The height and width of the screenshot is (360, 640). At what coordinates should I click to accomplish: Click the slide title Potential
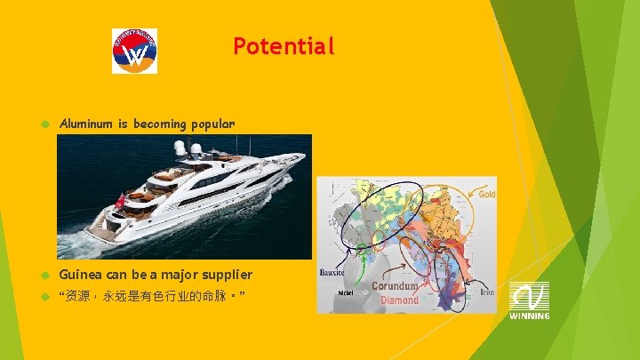[x=284, y=46]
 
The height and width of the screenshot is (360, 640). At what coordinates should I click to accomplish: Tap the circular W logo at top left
[x=134, y=51]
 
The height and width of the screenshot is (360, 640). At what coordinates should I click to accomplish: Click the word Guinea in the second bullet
[x=83, y=275]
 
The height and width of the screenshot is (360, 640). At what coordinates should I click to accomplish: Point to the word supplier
[x=223, y=275]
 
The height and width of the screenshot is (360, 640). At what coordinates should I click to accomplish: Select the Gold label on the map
[x=487, y=194]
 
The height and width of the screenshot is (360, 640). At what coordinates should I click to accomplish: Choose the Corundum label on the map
[x=395, y=286]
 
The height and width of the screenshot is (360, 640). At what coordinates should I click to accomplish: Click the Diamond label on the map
[x=400, y=300]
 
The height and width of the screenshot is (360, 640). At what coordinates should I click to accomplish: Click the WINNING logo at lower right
[x=529, y=300]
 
